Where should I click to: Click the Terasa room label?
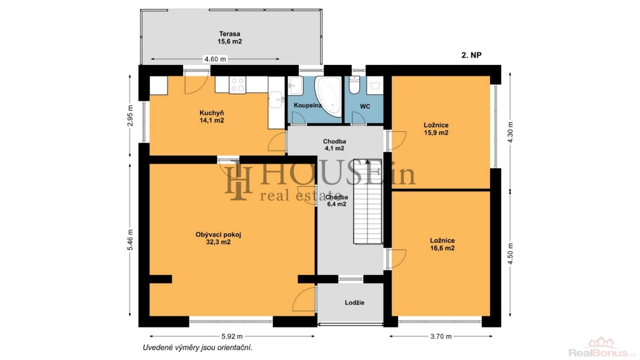[x=229, y=37]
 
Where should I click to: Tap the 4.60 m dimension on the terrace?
[x=215, y=59]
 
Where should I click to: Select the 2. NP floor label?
[x=471, y=55]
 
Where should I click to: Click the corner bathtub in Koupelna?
[x=329, y=97]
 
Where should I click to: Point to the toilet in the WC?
[x=354, y=85]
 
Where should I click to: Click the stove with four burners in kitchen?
[x=237, y=85]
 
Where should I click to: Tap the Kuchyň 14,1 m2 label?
[x=211, y=117]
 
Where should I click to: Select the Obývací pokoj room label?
[x=218, y=238]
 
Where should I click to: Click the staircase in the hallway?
[x=367, y=201]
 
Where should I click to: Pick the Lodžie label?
[x=354, y=302]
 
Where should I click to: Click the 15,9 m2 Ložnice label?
[x=436, y=129]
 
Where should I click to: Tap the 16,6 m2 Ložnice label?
[x=442, y=244]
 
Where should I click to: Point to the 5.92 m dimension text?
[x=232, y=337]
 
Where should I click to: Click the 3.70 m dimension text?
[x=441, y=337]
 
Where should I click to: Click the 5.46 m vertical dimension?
[x=130, y=241]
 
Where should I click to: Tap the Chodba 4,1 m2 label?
[x=334, y=145]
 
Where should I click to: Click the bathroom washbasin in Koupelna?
[x=295, y=86]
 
